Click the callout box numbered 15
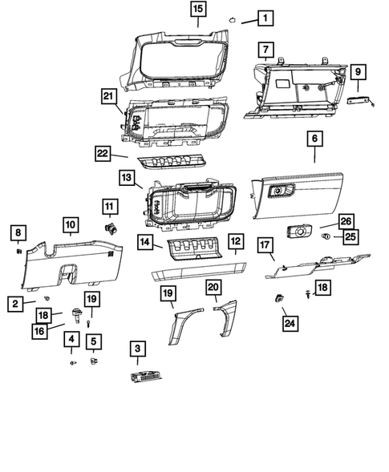[x=197, y=10]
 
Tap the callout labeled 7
[x=265, y=50]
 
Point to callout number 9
[x=358, y=72]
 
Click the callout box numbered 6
[x=314, y=139]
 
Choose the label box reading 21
[x=109, y=96]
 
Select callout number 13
[x=126, y=177]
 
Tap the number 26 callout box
[x=346, y=220]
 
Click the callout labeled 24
[x=288, y=323]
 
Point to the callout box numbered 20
[x=213, y=286]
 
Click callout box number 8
[x=16, y=232]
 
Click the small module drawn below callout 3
[x=143, y=377]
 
